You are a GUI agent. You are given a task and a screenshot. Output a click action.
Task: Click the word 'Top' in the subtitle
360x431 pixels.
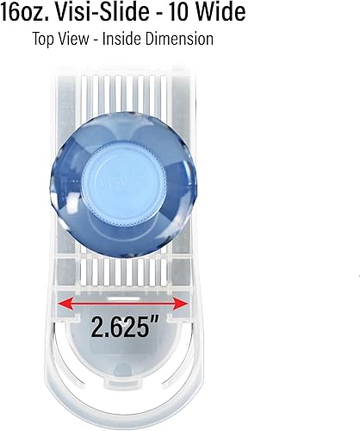point(45,39)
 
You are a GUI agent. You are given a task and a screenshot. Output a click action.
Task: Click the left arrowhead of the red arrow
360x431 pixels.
point(61,303)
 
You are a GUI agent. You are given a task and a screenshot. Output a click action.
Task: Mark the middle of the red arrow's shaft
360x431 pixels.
point(122,303)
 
